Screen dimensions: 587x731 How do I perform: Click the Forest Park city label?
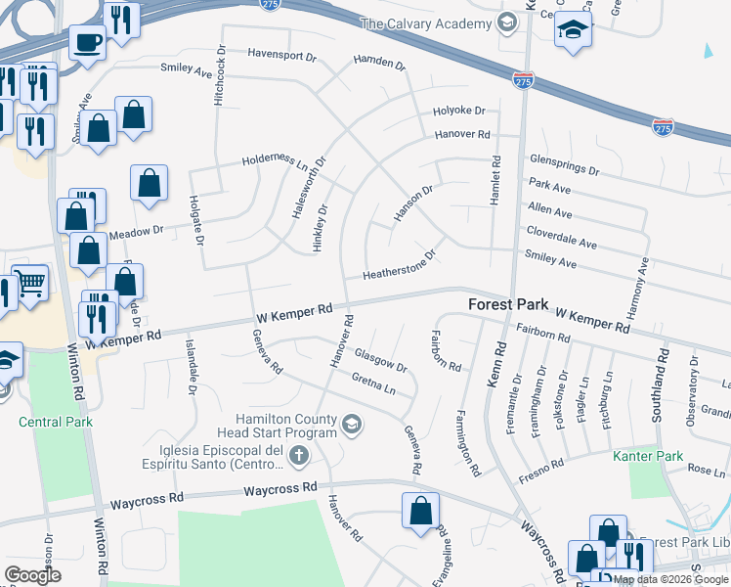point(508,304)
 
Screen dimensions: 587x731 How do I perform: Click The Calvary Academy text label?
point(425,23)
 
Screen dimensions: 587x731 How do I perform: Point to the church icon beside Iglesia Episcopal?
point(299,455)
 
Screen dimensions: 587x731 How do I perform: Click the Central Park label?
point(55,422)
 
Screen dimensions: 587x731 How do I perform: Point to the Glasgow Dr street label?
point(380,359)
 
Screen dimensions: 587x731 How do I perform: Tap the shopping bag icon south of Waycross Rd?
point(420,511)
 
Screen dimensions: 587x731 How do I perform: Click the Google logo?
point(34,575)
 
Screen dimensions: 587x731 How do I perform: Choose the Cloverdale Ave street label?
point(561,242)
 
